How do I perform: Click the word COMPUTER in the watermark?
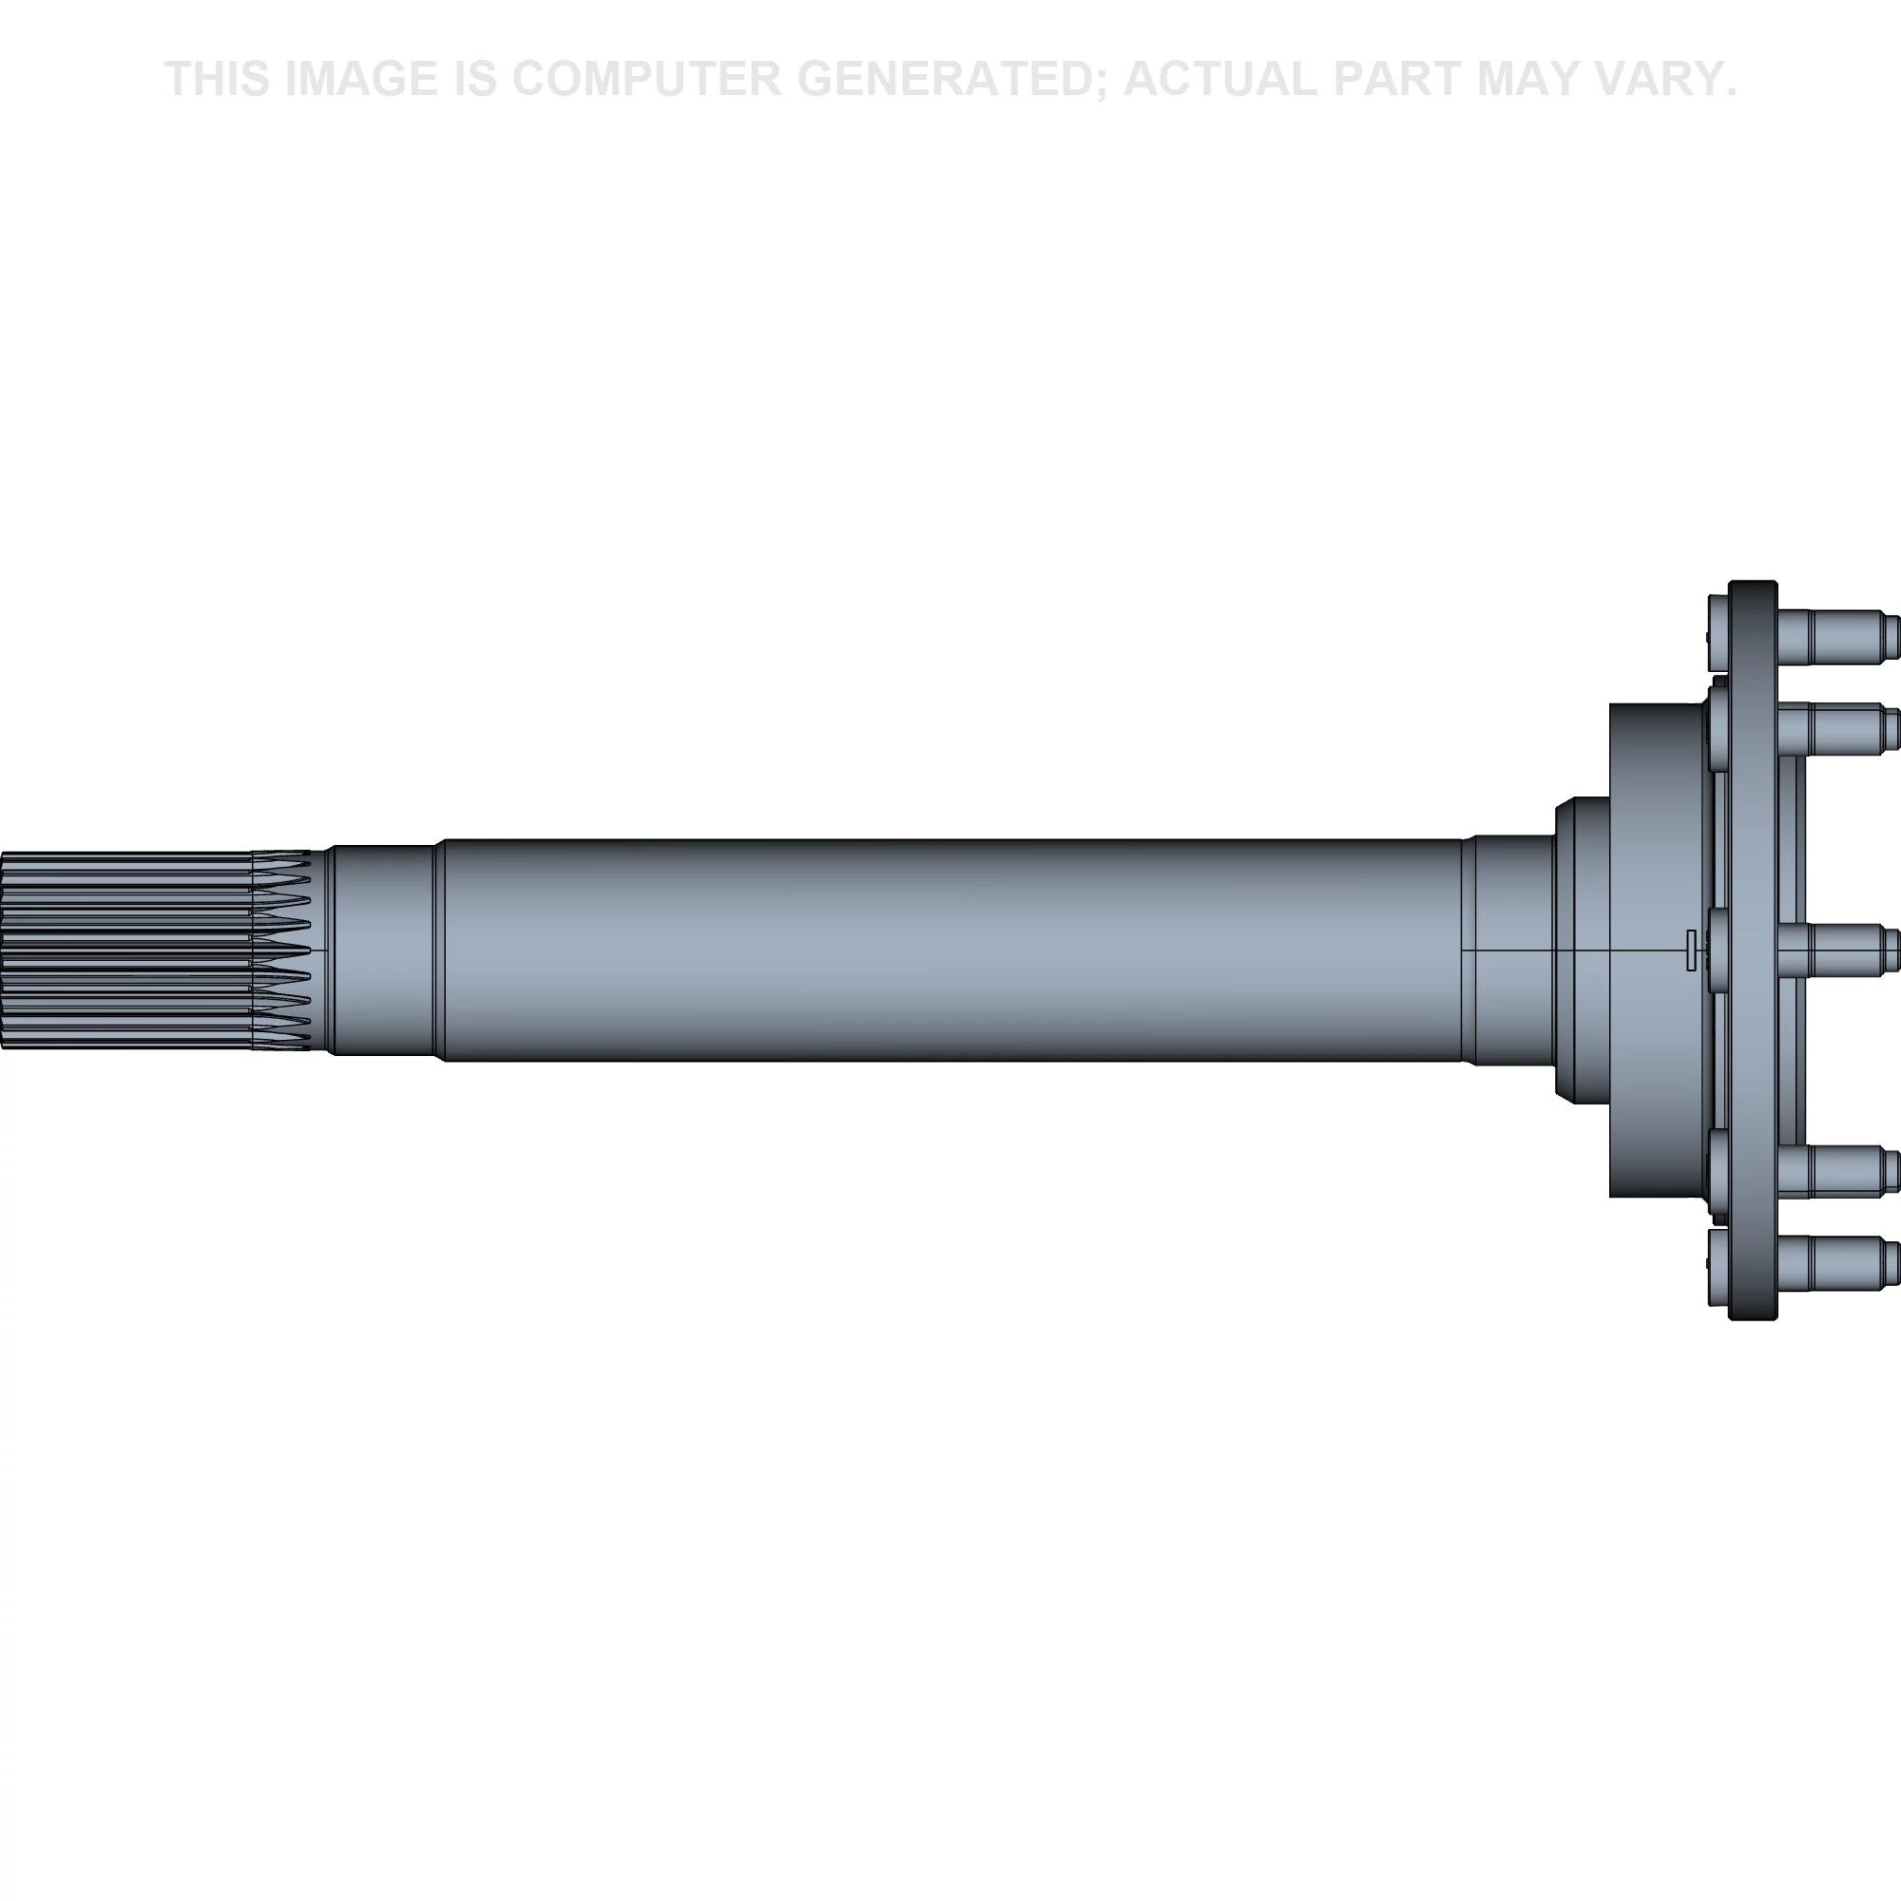(646, 79)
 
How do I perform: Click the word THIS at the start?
(218, 79)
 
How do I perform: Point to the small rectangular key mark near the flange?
(1690, 950)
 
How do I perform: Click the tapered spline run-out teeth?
(281, 950)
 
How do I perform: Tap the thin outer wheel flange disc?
(1753, 950)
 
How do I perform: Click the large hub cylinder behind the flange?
(1658, 950)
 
